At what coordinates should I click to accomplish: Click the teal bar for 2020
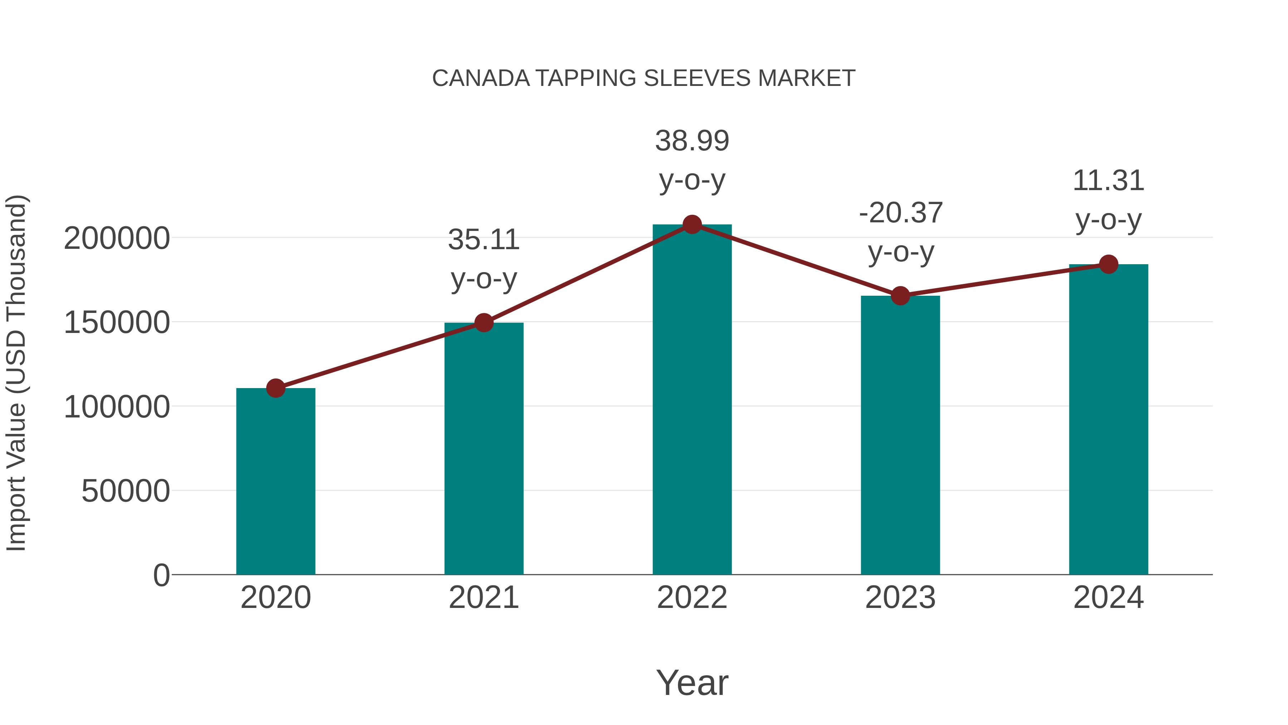click(x=275, y=481)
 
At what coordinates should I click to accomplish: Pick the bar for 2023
click(x=900, y=435)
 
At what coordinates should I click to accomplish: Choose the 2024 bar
click(x=1108, y=419)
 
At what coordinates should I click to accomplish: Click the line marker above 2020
click(x=275, y=388)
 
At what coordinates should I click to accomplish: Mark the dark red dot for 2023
click(x=900, y=296)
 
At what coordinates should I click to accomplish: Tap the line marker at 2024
click(x=1108, y=264)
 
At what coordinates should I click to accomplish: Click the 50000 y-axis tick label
click(x=126, y=491)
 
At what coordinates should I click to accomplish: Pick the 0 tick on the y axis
click(x=161, y=575)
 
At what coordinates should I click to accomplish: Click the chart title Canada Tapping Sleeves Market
click(x=644, y=78)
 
